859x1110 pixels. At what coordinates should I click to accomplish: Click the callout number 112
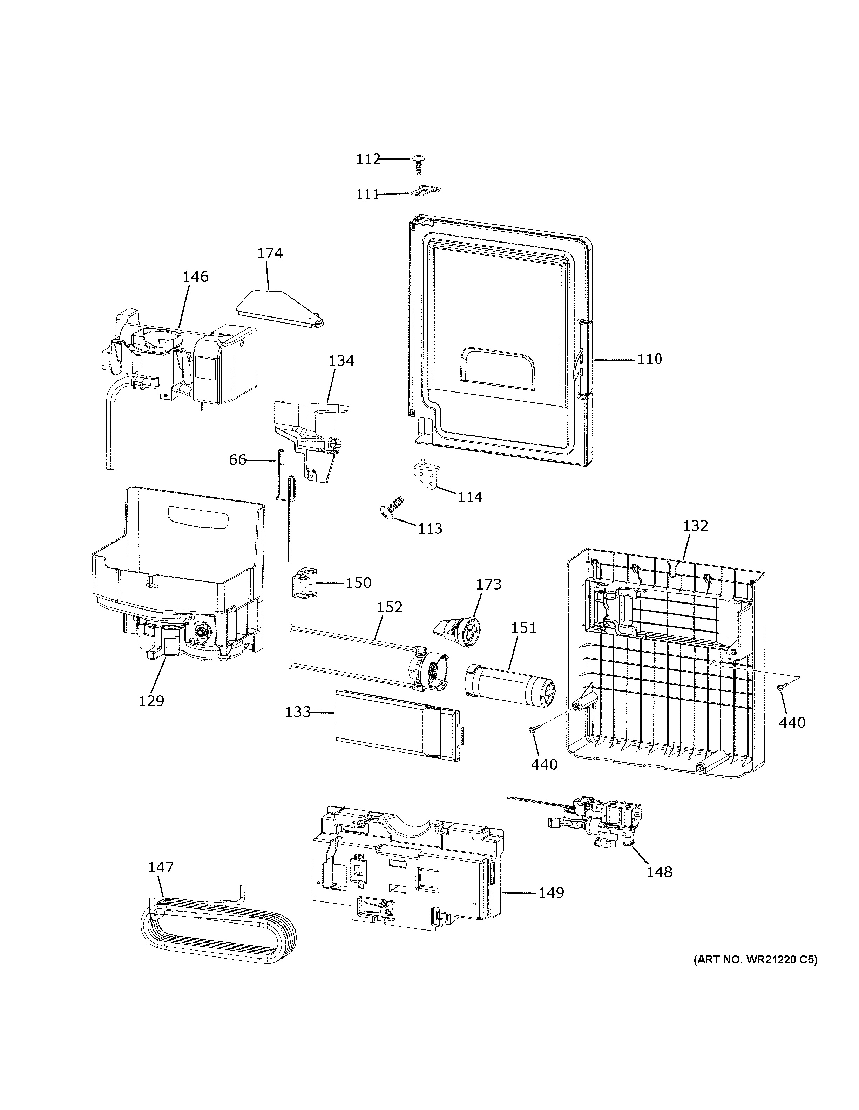368,159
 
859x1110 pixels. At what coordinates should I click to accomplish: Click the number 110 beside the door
650,359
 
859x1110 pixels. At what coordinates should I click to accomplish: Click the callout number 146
196,277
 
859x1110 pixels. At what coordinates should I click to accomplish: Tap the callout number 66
237,460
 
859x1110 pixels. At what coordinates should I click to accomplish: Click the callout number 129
151,701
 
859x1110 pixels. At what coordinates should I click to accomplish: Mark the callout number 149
552,892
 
